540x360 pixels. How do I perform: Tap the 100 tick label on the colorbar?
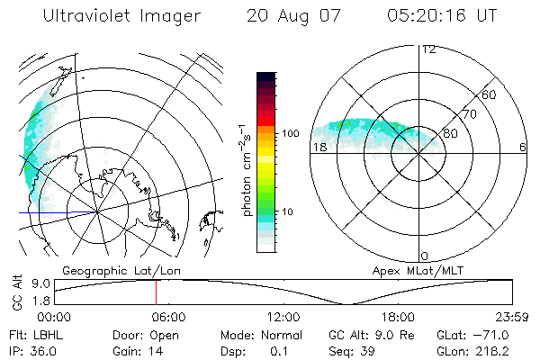(290, 133)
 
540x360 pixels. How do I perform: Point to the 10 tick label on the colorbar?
(288, 211)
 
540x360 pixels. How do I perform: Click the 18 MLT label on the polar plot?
(318, 147)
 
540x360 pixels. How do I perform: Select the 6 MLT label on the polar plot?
(522, 147)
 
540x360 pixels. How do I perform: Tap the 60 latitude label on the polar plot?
(490, 94)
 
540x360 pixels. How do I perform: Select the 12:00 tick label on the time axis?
(283, 317)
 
